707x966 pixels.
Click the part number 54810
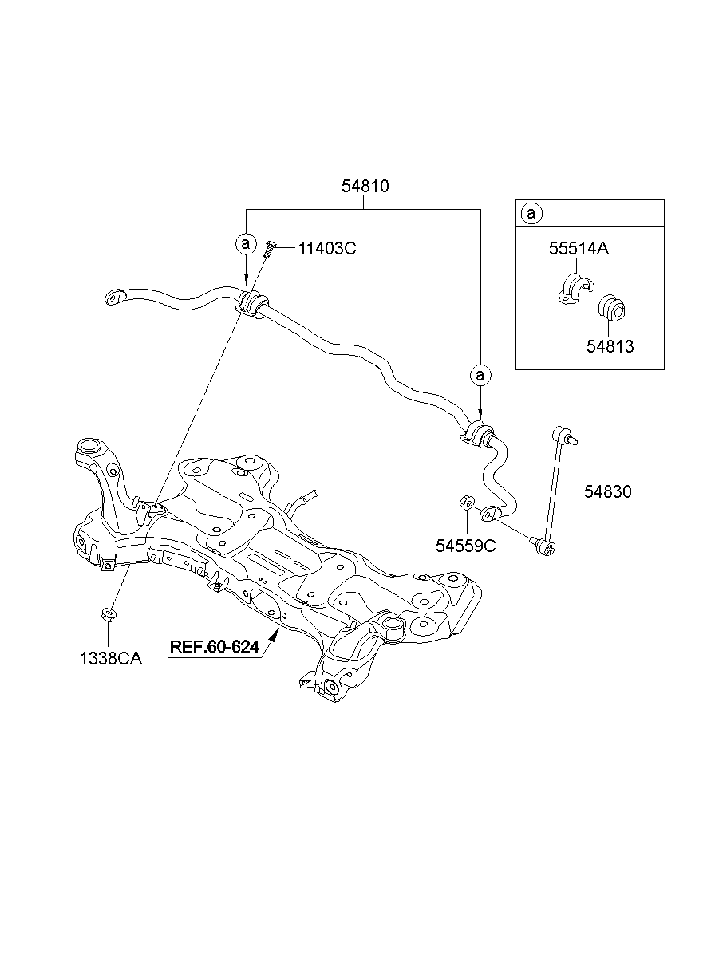[x=365, y=187]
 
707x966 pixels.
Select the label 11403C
[x=326, y=248]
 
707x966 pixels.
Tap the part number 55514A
[x=579, y=249]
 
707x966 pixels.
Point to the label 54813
[x=610, y=347]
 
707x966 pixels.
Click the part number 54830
[x=607, y=492]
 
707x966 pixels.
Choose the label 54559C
[x=466, y=546]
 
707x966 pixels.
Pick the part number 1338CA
[x=110, y=660]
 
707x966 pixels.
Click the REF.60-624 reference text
[x=214, y=647]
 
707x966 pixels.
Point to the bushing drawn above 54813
[x=613, y=307]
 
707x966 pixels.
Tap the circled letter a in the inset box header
[x=531, y=214]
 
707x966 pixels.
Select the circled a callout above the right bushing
[x=480, y=373]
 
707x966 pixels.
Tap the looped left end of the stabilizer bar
[x=114, y=298]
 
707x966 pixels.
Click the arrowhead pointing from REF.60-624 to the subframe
[x=275, y=634]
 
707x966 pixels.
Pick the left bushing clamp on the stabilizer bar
[x=251, y=304]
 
